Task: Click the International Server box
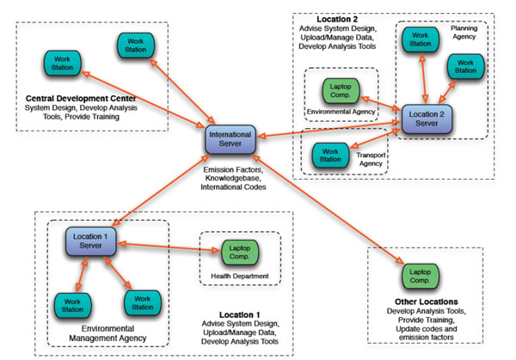[230, 139]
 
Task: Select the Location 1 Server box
[90, 241]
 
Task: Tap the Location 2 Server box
[427, 119]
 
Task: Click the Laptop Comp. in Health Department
[240, 252]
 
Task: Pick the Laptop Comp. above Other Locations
[420, 276]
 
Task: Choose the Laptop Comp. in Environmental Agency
[341, 90]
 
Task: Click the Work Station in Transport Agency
[330, 156]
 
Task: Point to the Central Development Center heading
[81, 98]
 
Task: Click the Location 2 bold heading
[337, 19]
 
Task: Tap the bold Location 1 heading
[240, 314]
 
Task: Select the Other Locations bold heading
[427, 302]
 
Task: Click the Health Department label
[240, 276]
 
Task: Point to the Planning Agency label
[464, 32]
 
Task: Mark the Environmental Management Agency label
[108, 333]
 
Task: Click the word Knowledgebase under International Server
[233, 178]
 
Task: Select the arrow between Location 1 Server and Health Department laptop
[169, 247]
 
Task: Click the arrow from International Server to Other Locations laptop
[328, 209]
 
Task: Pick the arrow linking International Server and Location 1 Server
[162, 190]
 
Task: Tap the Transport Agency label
[371, 159]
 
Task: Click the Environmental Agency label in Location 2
[341, 112]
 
